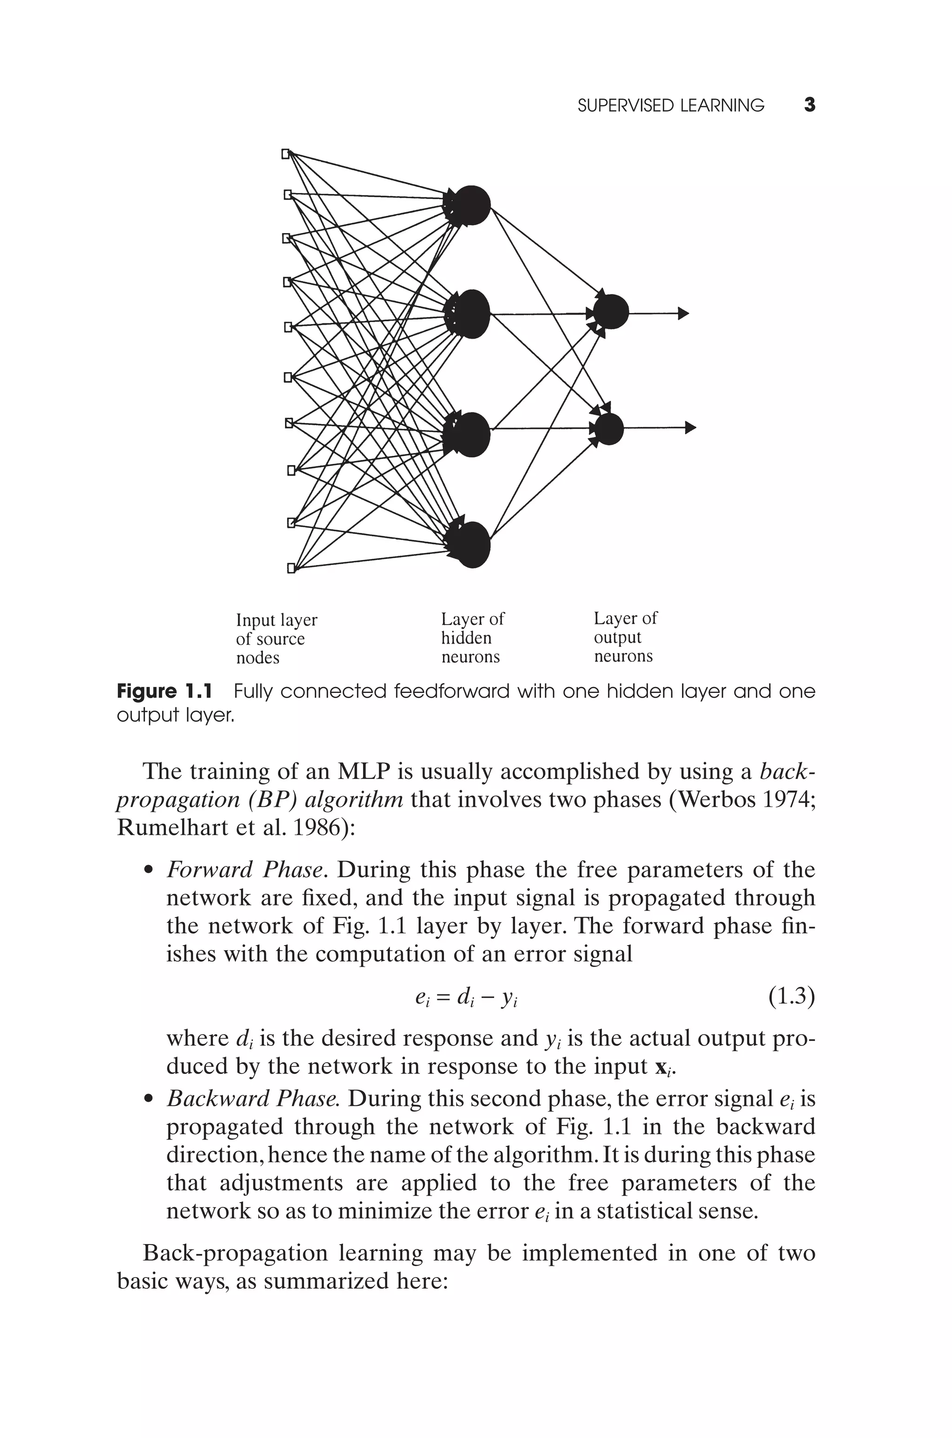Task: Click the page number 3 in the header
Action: point(809,105)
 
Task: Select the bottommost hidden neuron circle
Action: point(472,545)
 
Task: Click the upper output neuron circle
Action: point(611,312)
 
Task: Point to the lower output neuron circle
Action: point(609,429)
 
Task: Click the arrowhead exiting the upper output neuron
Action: point(684,313)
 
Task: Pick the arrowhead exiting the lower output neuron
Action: point(690,427)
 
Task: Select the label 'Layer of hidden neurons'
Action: point(472,638)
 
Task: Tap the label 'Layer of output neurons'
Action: point(625,638)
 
